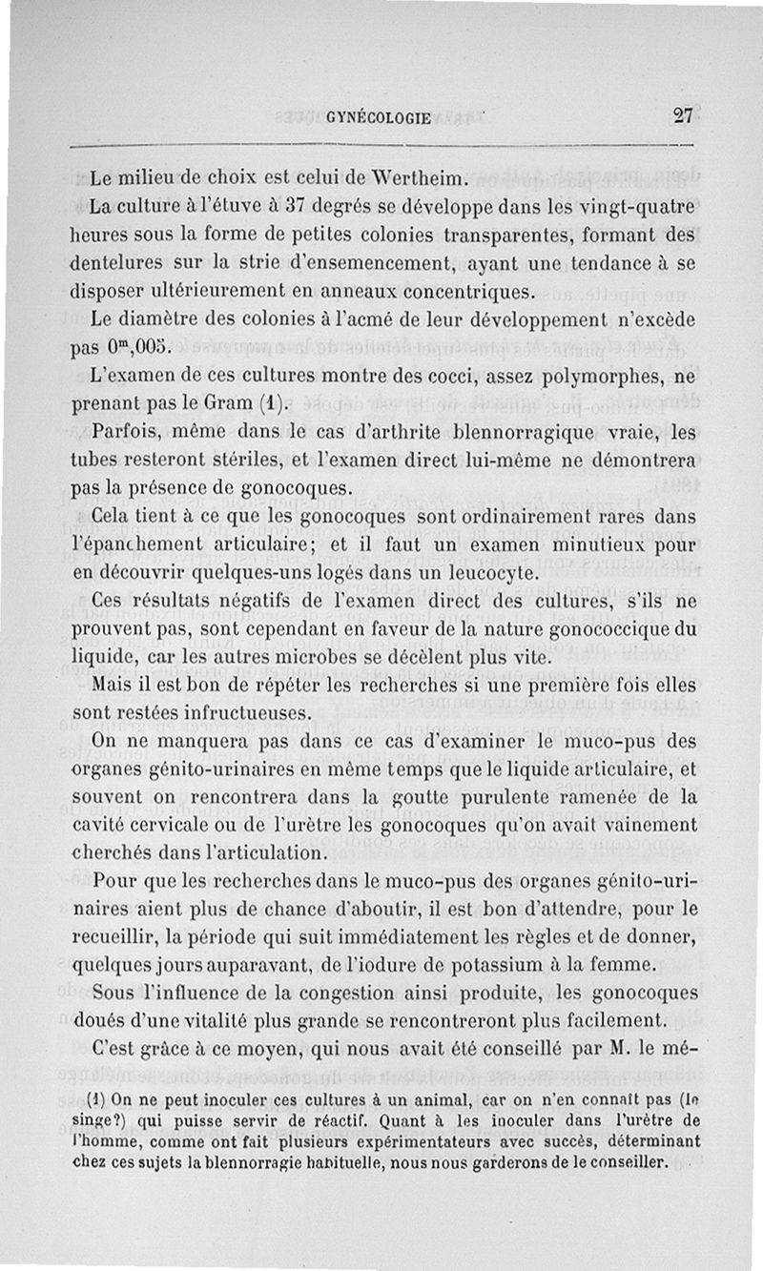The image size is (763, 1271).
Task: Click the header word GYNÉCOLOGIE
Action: pyautogui.click(x=379, y=118)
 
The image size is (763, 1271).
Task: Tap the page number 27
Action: pyautogui.click(x=682, y=116)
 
